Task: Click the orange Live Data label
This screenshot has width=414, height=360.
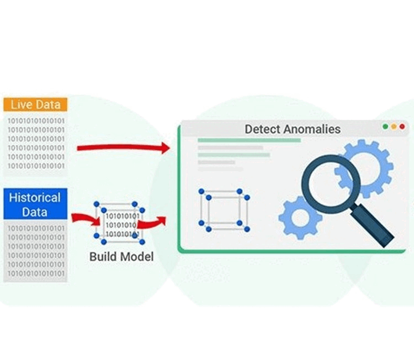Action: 35,104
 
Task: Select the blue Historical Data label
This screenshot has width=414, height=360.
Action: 35,205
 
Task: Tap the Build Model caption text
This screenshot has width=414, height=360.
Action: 121,257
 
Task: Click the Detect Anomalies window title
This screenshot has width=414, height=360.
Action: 292,130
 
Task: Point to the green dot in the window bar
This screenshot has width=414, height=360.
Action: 385,126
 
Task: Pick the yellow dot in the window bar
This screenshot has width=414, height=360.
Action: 394,126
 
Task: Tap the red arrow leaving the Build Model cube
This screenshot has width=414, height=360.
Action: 152,223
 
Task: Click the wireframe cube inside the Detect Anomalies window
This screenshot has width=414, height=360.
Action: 224,210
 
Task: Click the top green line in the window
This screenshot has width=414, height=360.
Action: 249,140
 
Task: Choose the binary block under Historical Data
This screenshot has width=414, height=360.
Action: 35,251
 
